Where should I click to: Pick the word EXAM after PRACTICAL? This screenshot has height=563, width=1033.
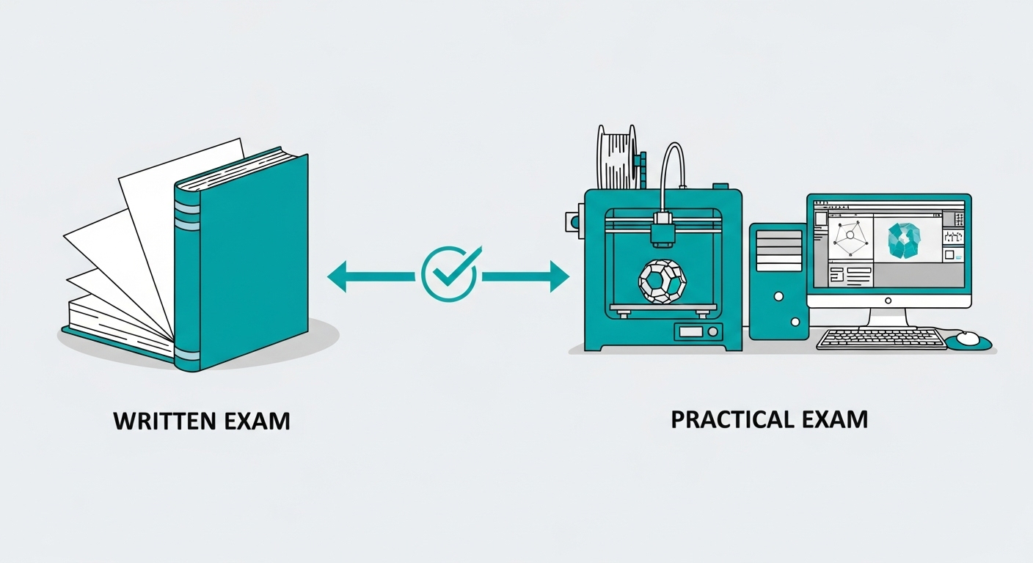(x=835, y=419)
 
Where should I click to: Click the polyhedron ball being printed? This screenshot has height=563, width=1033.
(x=662, y=281)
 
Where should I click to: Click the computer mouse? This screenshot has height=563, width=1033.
(x=967, y=338)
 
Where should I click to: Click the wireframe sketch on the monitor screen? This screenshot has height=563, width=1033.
(x=850, y=236)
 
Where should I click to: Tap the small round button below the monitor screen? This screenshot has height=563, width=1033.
(x=888, y=300)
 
